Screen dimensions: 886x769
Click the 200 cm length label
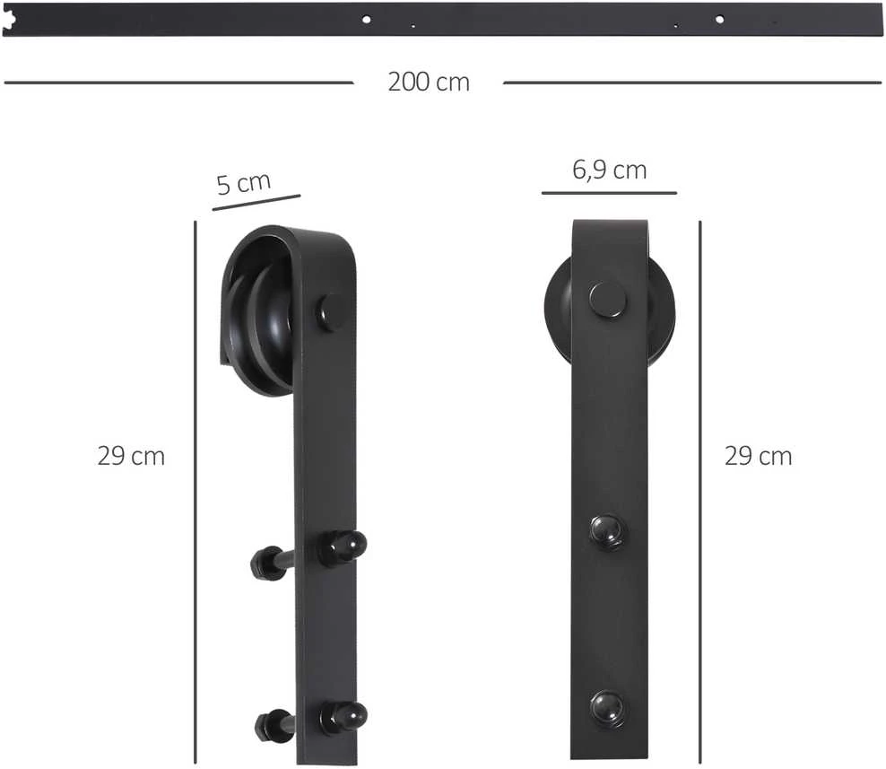click(429, 82)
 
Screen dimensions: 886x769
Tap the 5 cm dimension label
click(244, 183)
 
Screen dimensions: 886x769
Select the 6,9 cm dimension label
click(609, 170)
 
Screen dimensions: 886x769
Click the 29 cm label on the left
click(131, 457)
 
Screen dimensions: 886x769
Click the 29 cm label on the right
click(759, 457)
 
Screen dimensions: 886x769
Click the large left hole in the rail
click(366, 19)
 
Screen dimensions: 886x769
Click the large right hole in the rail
click(719, 19)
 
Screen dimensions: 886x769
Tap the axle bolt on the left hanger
click(332, 312)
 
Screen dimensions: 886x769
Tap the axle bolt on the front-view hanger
click(609, 299)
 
